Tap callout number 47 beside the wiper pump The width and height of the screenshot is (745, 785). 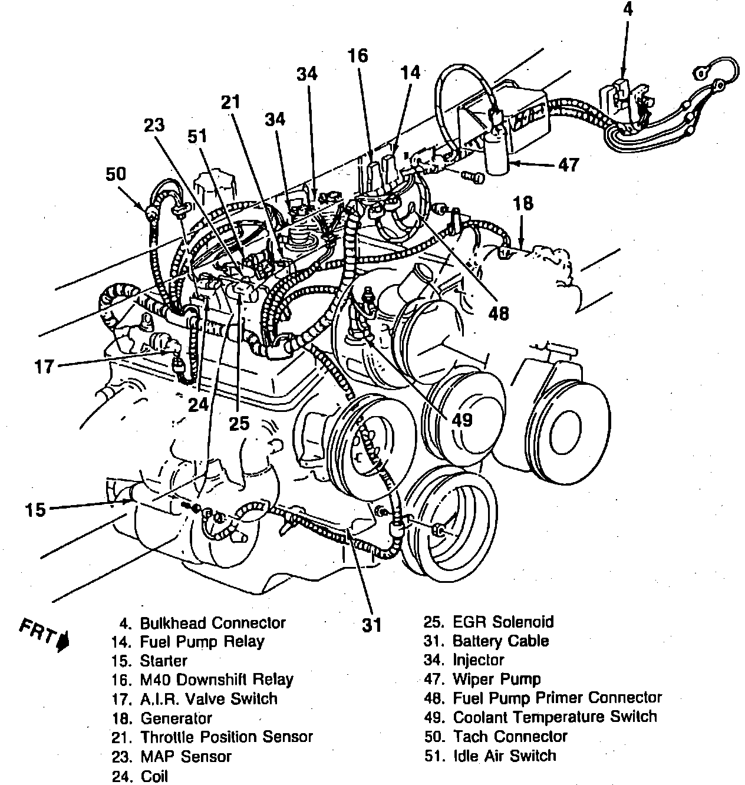(x=568, y=164)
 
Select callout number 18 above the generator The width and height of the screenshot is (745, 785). (x=523, y=204)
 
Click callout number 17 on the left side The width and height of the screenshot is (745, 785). (x=44, y=367)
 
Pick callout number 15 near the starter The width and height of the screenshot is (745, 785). (x=35, y=509)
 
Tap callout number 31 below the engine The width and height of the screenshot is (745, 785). (x=371, y=625)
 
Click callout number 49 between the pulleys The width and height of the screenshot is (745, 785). (x=463, y=420)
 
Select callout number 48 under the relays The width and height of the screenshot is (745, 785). (x=498, y=313)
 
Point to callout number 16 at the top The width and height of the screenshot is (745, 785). (x=357, y=56)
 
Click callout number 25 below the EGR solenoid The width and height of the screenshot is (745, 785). (x=239, y=423)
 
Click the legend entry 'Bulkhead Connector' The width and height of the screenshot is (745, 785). (x=213, y=623)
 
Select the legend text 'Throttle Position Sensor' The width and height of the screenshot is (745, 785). (x=226, y=737)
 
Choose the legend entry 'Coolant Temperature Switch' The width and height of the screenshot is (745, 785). (x=554, y=717)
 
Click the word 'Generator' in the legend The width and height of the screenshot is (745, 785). (x=176, y=718)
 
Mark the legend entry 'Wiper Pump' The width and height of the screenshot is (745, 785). (x=496, y=680)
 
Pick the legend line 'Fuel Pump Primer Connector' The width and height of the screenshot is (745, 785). (x=557, y=698)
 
